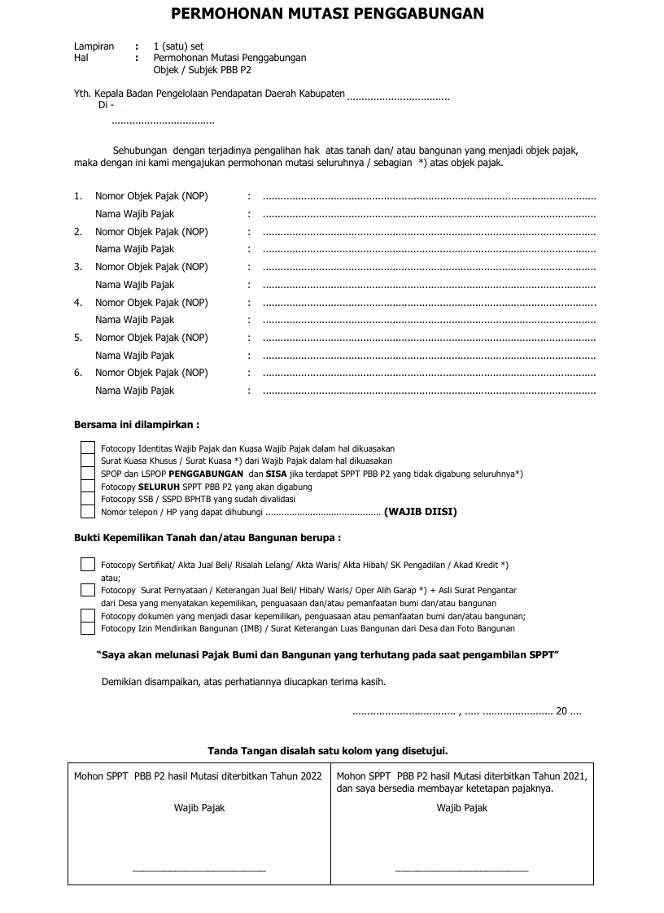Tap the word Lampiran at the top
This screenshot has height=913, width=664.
click(94, 46)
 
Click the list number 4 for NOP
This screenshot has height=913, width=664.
click(78, 303)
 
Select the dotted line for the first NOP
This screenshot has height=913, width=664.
click(430, 197)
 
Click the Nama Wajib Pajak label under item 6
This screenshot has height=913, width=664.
click(134, 391)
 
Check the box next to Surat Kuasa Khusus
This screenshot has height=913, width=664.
click(88, 461)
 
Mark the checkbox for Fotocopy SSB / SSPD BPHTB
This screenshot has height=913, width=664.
click(88, 499)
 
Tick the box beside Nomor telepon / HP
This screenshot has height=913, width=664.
click(88, 512)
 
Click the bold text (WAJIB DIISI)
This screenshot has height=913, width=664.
click(420, 512)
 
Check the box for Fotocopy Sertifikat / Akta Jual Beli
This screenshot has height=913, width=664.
click(88, 565)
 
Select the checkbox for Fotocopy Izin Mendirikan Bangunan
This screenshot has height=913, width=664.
click(88, 628)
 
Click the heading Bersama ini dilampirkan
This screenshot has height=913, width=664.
click(137, 425)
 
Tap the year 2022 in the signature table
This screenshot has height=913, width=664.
click(310, 776)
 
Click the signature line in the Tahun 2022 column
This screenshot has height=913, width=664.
click(199, 871)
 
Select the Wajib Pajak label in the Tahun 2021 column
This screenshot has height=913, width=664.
click(461, 808)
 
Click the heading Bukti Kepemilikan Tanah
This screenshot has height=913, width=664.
click(207, 538)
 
